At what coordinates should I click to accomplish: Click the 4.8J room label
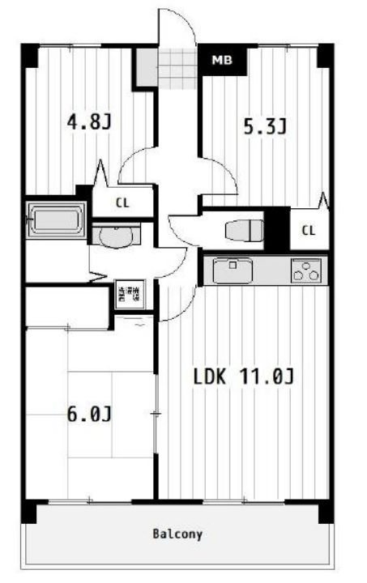click(88, 123)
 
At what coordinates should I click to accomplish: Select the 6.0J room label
click(88, 414)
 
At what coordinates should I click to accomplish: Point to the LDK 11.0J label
click(242, 377)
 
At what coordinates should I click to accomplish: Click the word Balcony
click(177, 534)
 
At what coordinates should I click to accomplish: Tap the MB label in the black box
click(220, 60)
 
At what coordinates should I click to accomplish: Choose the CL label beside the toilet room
click(308, 231)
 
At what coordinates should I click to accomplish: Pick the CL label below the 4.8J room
click(122, 203)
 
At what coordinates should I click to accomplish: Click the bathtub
click(56, 219)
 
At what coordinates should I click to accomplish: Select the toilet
click(244, 230)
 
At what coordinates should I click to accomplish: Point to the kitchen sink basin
click(233, 270)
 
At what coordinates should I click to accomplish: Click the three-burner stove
click(306, 270)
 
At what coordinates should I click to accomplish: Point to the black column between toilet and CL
click(277, 229)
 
